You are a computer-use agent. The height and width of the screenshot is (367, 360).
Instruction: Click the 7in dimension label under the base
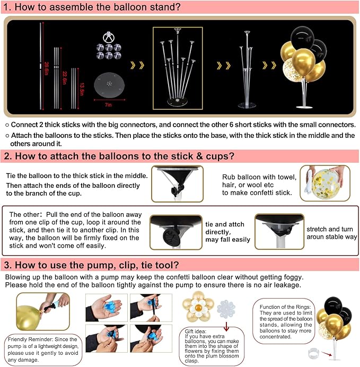click(108, 105)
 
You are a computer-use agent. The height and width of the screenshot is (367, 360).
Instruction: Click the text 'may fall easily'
click(227, 239)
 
